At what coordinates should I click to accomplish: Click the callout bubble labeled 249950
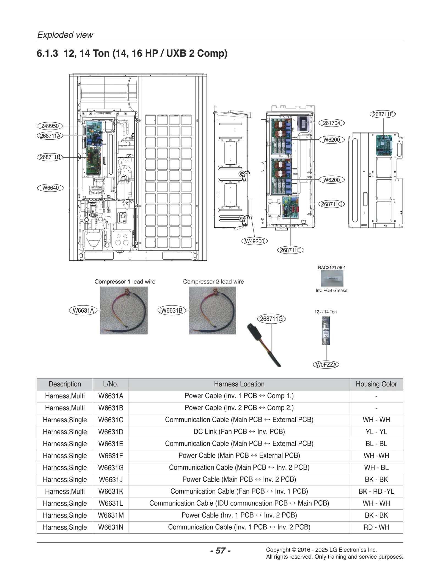pyautogui.click(x=50, y=126)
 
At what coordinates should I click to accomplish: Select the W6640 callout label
pyautogui.click(x=50, y=188)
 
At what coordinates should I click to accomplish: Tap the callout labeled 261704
pyautogui.click(x=331, y=123)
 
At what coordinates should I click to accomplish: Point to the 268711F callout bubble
pyautogui.click(x=383, y=114)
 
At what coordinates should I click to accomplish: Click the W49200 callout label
pyautogui.click(x=254, y=241)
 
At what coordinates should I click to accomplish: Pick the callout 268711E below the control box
pyautogui.click(x=290, y=250)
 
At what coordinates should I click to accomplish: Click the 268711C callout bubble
pyautogui.click(x=331, y=204)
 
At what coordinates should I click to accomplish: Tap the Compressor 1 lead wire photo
pyautogui.click(x=124, y=310)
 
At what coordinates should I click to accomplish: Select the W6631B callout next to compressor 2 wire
pyautogui.click(x=172, y=310)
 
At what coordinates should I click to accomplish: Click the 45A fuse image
pyautogui.click(x=326, y=330)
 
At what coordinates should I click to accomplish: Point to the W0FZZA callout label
pyautogui.click(x=326, y=365)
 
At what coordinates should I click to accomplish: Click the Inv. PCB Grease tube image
pyautogui.click(x=332, y=278)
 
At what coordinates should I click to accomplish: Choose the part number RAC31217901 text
pyautogui.click(x=332, y=267)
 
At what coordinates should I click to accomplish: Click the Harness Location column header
pyautogui.click(x=239, y=384)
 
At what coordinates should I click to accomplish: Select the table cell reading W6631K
pyautogui.click(x=111, y=491)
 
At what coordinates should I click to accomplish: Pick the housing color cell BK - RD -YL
pyautogui.click(x=376, y=491)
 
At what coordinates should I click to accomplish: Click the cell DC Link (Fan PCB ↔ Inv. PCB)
pyautogui.click(x=239, y=432)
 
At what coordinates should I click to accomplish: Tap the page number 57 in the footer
pyautogui.click(x=220, y=550)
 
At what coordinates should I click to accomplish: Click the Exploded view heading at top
pyautogui.click(x=65, y=35)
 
